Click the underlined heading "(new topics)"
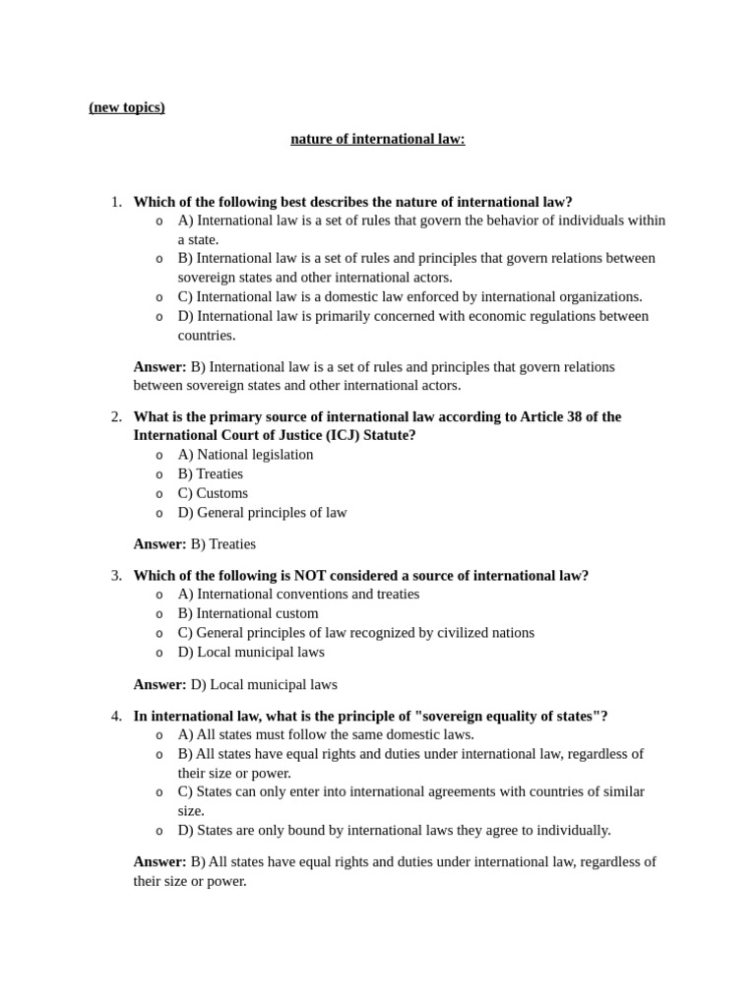point(127,107)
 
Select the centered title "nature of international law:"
point(377,139)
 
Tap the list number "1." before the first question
point(116,202)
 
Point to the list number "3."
point(116,576)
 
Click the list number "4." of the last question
point(116,716)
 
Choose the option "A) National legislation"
point(245,455)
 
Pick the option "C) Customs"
point(213,493)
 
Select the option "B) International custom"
point(248,613)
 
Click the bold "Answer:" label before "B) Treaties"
point(159,544)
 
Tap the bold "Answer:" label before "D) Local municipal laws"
point(159,684)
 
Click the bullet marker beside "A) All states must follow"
point(159,735)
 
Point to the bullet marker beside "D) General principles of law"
point(159,513)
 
